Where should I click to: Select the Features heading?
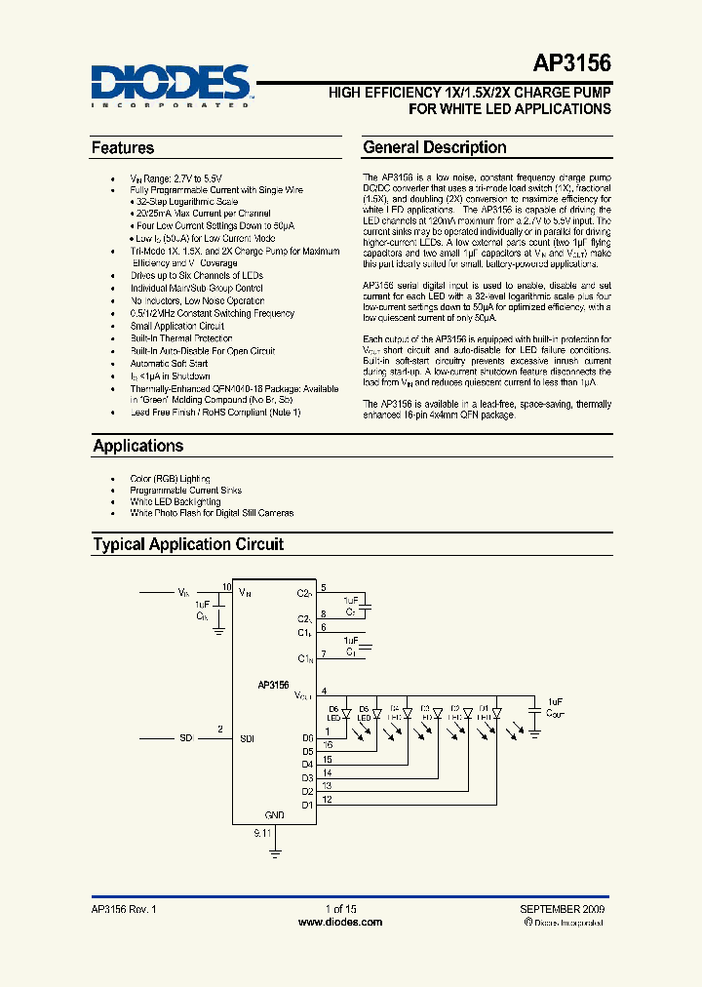pos(123,148)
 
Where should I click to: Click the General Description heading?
pos(435,148)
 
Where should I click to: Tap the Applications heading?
pos(138,446)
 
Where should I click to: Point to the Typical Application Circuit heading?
pos(188,544)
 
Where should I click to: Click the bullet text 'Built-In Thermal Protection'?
pos(181,338)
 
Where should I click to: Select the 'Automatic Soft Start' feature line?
pos(169,364)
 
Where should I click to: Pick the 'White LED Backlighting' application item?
pos(175,501)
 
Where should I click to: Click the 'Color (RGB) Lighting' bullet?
pos(170,479)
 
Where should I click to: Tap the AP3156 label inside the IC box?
pos(273,686)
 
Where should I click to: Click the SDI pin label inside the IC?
pos(247,738)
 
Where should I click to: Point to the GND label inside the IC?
pos(275,814)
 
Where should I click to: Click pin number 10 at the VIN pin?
pos(226,587)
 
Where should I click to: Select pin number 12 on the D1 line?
pos(327,800)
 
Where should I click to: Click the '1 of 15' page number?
pos(339,908)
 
